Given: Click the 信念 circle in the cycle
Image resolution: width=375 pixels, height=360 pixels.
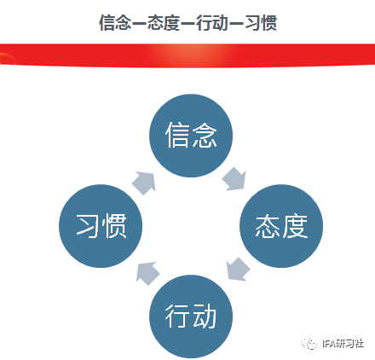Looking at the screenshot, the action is click(x=191, y=136).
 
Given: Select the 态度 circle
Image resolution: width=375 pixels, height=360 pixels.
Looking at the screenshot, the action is click(x=281, y=226).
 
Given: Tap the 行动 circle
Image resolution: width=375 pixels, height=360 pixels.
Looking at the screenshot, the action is click(x=191, y=316).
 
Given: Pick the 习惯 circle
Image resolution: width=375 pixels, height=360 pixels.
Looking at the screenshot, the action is click(x=101, y=226).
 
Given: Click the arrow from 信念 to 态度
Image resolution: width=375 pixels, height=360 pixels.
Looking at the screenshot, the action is click(x=234, y=179).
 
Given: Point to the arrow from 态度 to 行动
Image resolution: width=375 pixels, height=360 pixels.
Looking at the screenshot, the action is click(x=238, y=270).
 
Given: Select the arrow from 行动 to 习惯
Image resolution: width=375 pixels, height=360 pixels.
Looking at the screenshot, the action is click(x=147, y=273).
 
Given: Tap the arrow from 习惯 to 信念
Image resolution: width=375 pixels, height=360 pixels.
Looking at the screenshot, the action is click(x=144, y=183).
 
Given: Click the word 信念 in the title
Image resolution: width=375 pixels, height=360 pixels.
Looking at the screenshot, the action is click(x=115, y=22).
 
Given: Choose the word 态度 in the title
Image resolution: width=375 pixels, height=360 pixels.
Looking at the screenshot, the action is click(x=164, y=22).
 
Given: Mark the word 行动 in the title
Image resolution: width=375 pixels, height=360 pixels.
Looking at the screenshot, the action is click(x=212, y=22).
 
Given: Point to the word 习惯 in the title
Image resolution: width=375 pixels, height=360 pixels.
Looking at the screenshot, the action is click(x=261, y=22).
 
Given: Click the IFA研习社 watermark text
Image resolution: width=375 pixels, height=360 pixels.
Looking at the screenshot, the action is click(x=343, y=344).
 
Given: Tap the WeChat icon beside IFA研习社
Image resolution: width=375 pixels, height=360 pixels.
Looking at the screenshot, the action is click(x=309, y=344).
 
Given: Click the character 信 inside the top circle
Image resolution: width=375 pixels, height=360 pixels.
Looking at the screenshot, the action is click(x=177, y=135).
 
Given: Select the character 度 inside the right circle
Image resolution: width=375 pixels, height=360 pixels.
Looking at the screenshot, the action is click(x=295, y=226).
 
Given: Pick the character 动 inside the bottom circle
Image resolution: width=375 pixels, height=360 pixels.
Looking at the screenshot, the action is click(x=205, y=316).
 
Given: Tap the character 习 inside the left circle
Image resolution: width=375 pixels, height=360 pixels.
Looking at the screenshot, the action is click(x=88, y=225).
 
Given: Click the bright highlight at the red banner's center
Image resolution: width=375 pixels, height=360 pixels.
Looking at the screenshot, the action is click(x=191, y=55).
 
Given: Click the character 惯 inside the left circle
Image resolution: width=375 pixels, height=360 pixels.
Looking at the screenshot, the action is click(x=114, y=225).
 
